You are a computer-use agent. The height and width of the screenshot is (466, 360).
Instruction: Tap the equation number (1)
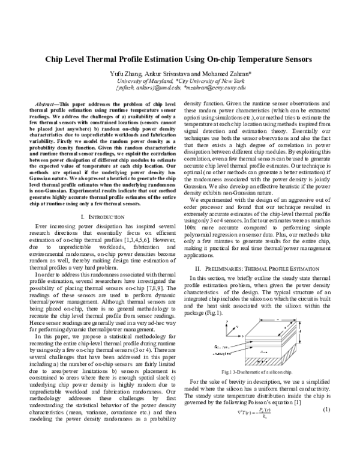pos(327,443)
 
